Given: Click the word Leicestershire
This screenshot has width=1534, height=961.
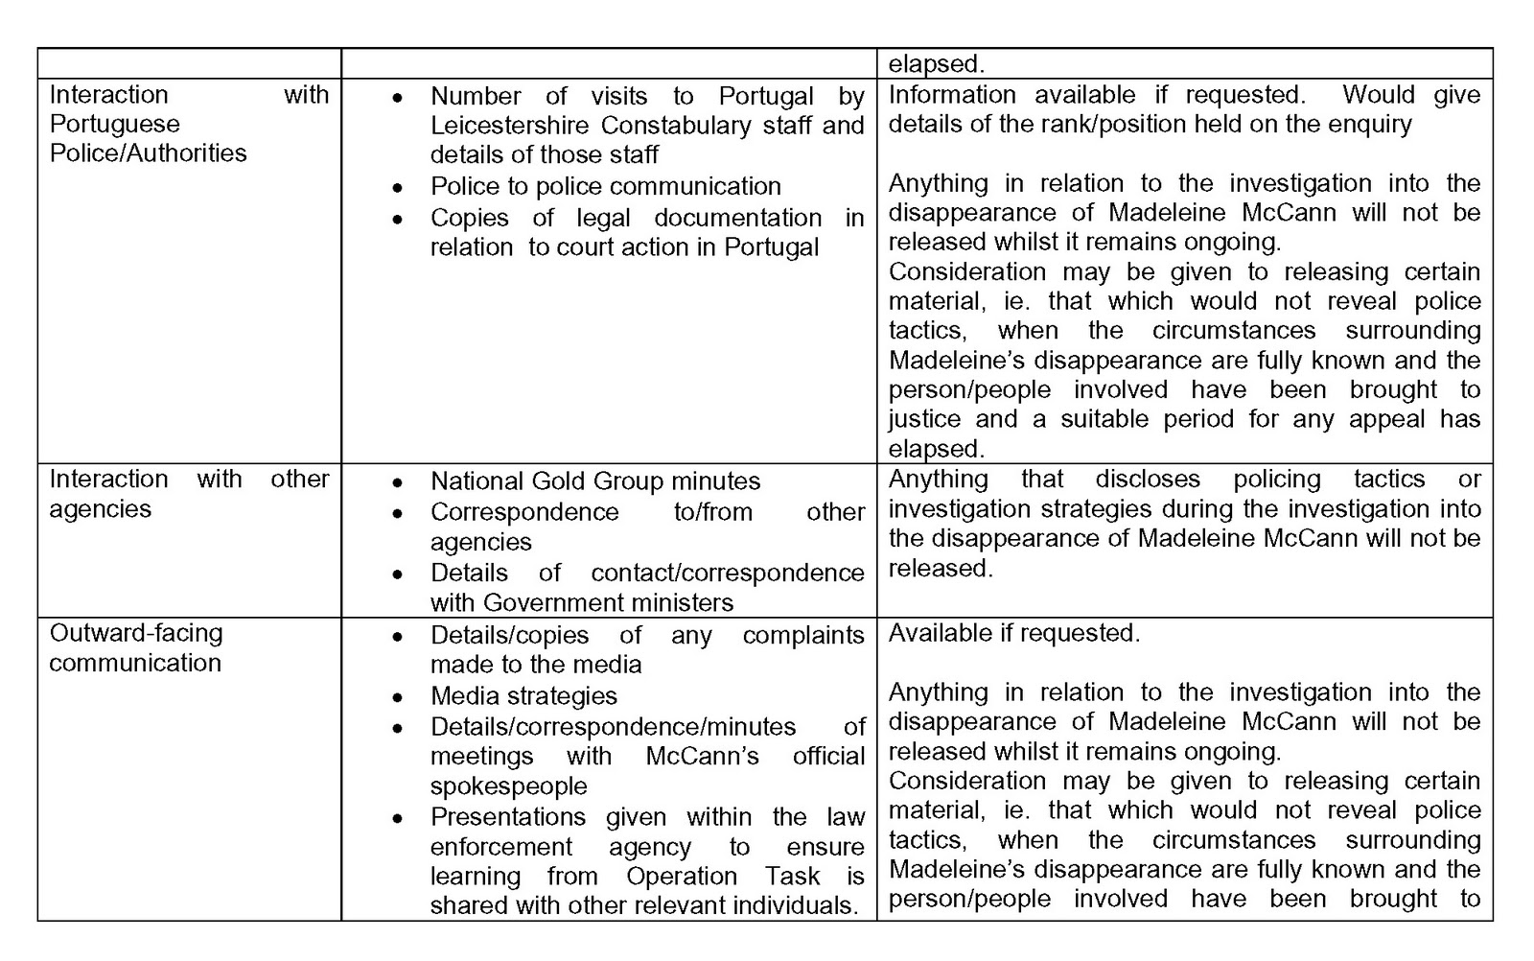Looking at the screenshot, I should [507, 126].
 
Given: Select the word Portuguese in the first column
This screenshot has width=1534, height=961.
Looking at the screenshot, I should [114, 124].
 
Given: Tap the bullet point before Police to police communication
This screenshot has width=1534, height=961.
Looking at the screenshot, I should [398, 188].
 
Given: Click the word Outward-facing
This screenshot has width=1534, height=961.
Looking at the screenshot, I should [136, 633].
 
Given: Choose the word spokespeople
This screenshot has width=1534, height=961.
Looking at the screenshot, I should [508, 786].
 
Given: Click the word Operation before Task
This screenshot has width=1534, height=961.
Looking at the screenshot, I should [682, 877].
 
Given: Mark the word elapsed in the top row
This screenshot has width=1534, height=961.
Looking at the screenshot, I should [936, 65].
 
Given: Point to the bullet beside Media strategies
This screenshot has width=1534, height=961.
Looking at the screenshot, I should [398, 697].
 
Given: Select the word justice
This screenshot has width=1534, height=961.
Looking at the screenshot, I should [924, 419].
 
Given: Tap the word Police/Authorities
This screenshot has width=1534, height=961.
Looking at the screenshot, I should [148, 153].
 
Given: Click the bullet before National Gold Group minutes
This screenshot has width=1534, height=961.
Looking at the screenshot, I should [398, 483].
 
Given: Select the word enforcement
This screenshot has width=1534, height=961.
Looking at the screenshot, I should [500, 848].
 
